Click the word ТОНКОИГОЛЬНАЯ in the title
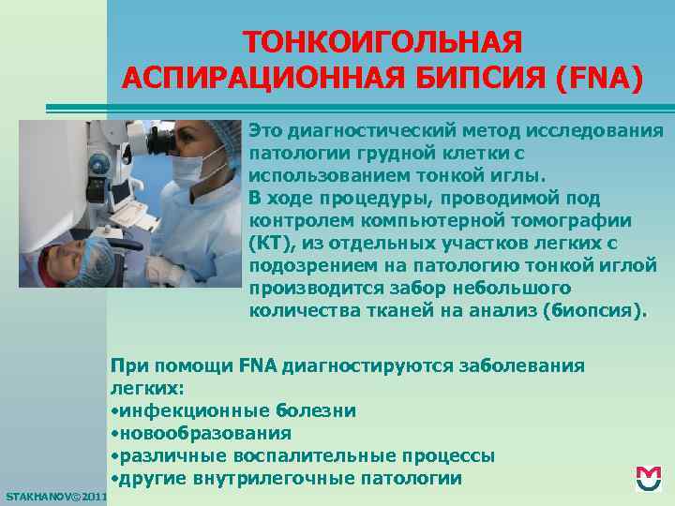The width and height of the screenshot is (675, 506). pyautogui.click(x=382, y=43)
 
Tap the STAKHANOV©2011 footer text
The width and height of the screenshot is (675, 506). pyautogui.click(x=54, y=494)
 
